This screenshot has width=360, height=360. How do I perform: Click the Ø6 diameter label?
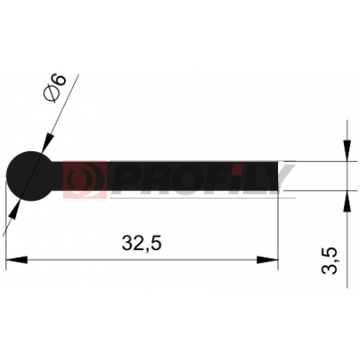[54, 88]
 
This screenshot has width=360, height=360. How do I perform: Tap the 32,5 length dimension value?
[141, 243]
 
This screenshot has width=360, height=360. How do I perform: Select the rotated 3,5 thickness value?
[329, 261]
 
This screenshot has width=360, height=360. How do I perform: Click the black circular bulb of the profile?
[31, 176]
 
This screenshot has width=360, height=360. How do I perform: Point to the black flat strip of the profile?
[166, 176]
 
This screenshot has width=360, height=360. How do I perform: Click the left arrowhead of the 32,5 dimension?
[17, 260]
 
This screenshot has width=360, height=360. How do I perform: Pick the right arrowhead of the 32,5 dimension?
[267, 260]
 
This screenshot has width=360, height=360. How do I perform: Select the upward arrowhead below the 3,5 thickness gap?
[347, 202]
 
